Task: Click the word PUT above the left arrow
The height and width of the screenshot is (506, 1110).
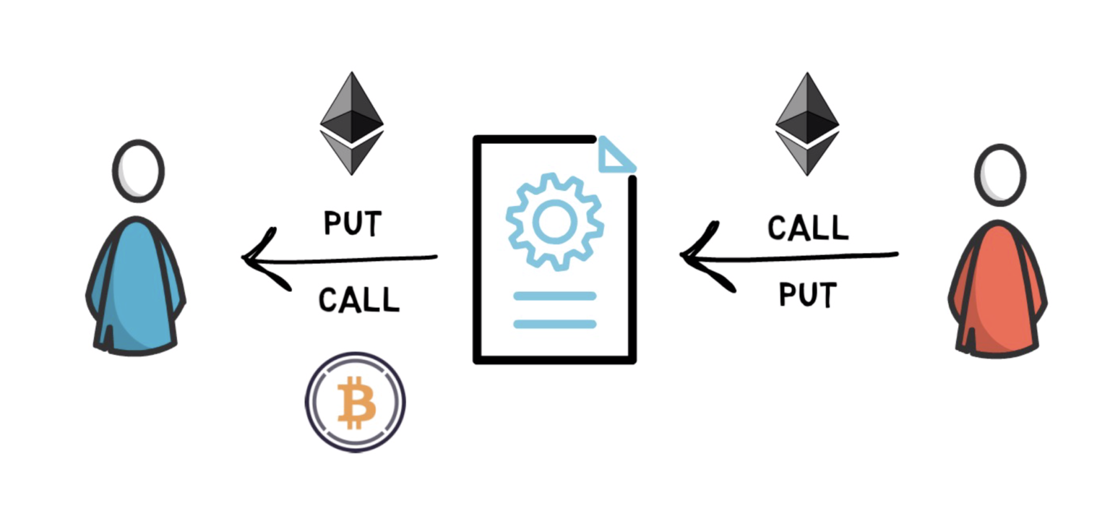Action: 352,224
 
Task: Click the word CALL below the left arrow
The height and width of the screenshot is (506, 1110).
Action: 358,299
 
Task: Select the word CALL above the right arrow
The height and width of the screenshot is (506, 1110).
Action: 807,228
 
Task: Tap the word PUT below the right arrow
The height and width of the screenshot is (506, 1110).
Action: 807,295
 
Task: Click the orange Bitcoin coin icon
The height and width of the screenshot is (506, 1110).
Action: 355,402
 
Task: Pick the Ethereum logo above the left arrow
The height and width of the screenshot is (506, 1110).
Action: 352,123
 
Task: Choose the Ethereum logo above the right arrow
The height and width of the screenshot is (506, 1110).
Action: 807,124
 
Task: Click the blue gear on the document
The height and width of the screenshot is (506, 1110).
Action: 554,222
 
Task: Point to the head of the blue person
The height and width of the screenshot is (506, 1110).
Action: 138,171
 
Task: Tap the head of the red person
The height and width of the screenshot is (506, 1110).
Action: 1000,174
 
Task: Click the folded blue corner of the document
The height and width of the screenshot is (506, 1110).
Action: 615,158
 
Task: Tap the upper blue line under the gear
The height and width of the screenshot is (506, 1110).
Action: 554,296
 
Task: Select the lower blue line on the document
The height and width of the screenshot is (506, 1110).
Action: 554,324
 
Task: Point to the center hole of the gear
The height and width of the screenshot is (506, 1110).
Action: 554,222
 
